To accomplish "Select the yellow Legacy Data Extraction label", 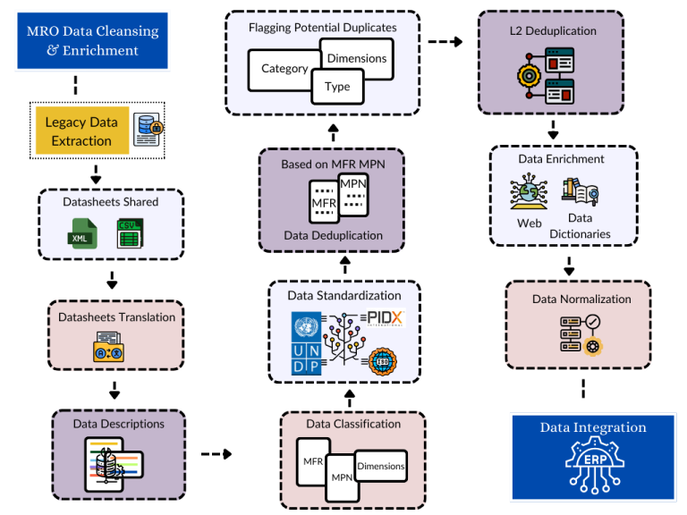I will tap(81, 131).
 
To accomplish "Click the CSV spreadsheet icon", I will tap(129, 233).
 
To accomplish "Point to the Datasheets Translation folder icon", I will tap(113, 347).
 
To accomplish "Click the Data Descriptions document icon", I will tap(113, 461).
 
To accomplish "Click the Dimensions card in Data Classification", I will tap(380, 466).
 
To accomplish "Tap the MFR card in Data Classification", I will tap(313, 462).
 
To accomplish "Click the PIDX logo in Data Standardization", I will tap(386, 319).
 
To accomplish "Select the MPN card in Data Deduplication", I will tap(353, 190).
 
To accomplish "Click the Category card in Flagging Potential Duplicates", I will tap(284, 68).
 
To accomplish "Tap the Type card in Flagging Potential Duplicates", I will tap(337, 87).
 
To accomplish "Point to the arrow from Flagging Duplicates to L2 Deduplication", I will tap(445, 41).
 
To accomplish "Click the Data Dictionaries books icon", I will tap(580, 191).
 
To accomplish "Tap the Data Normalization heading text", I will tap(581, 299).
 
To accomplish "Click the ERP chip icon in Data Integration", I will tap(591, 468).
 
